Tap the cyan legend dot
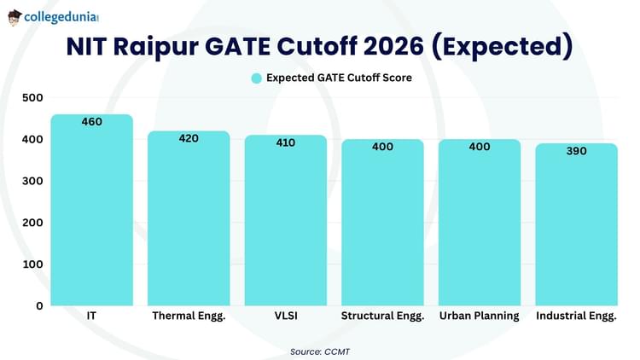pos(255,78)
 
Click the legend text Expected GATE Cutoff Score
pos(339,78)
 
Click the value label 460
pos(91,122)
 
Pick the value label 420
pos(189,138)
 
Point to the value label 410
pos(285,142)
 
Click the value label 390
pos(576,151)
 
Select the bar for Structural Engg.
pos(382,226)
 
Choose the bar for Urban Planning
pos(479,226)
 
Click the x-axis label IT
pos(91,316)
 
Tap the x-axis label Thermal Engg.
pos(189,316)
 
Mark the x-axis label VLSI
pos(285,316)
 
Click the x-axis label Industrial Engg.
pos(576,316)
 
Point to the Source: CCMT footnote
pos(320,350)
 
